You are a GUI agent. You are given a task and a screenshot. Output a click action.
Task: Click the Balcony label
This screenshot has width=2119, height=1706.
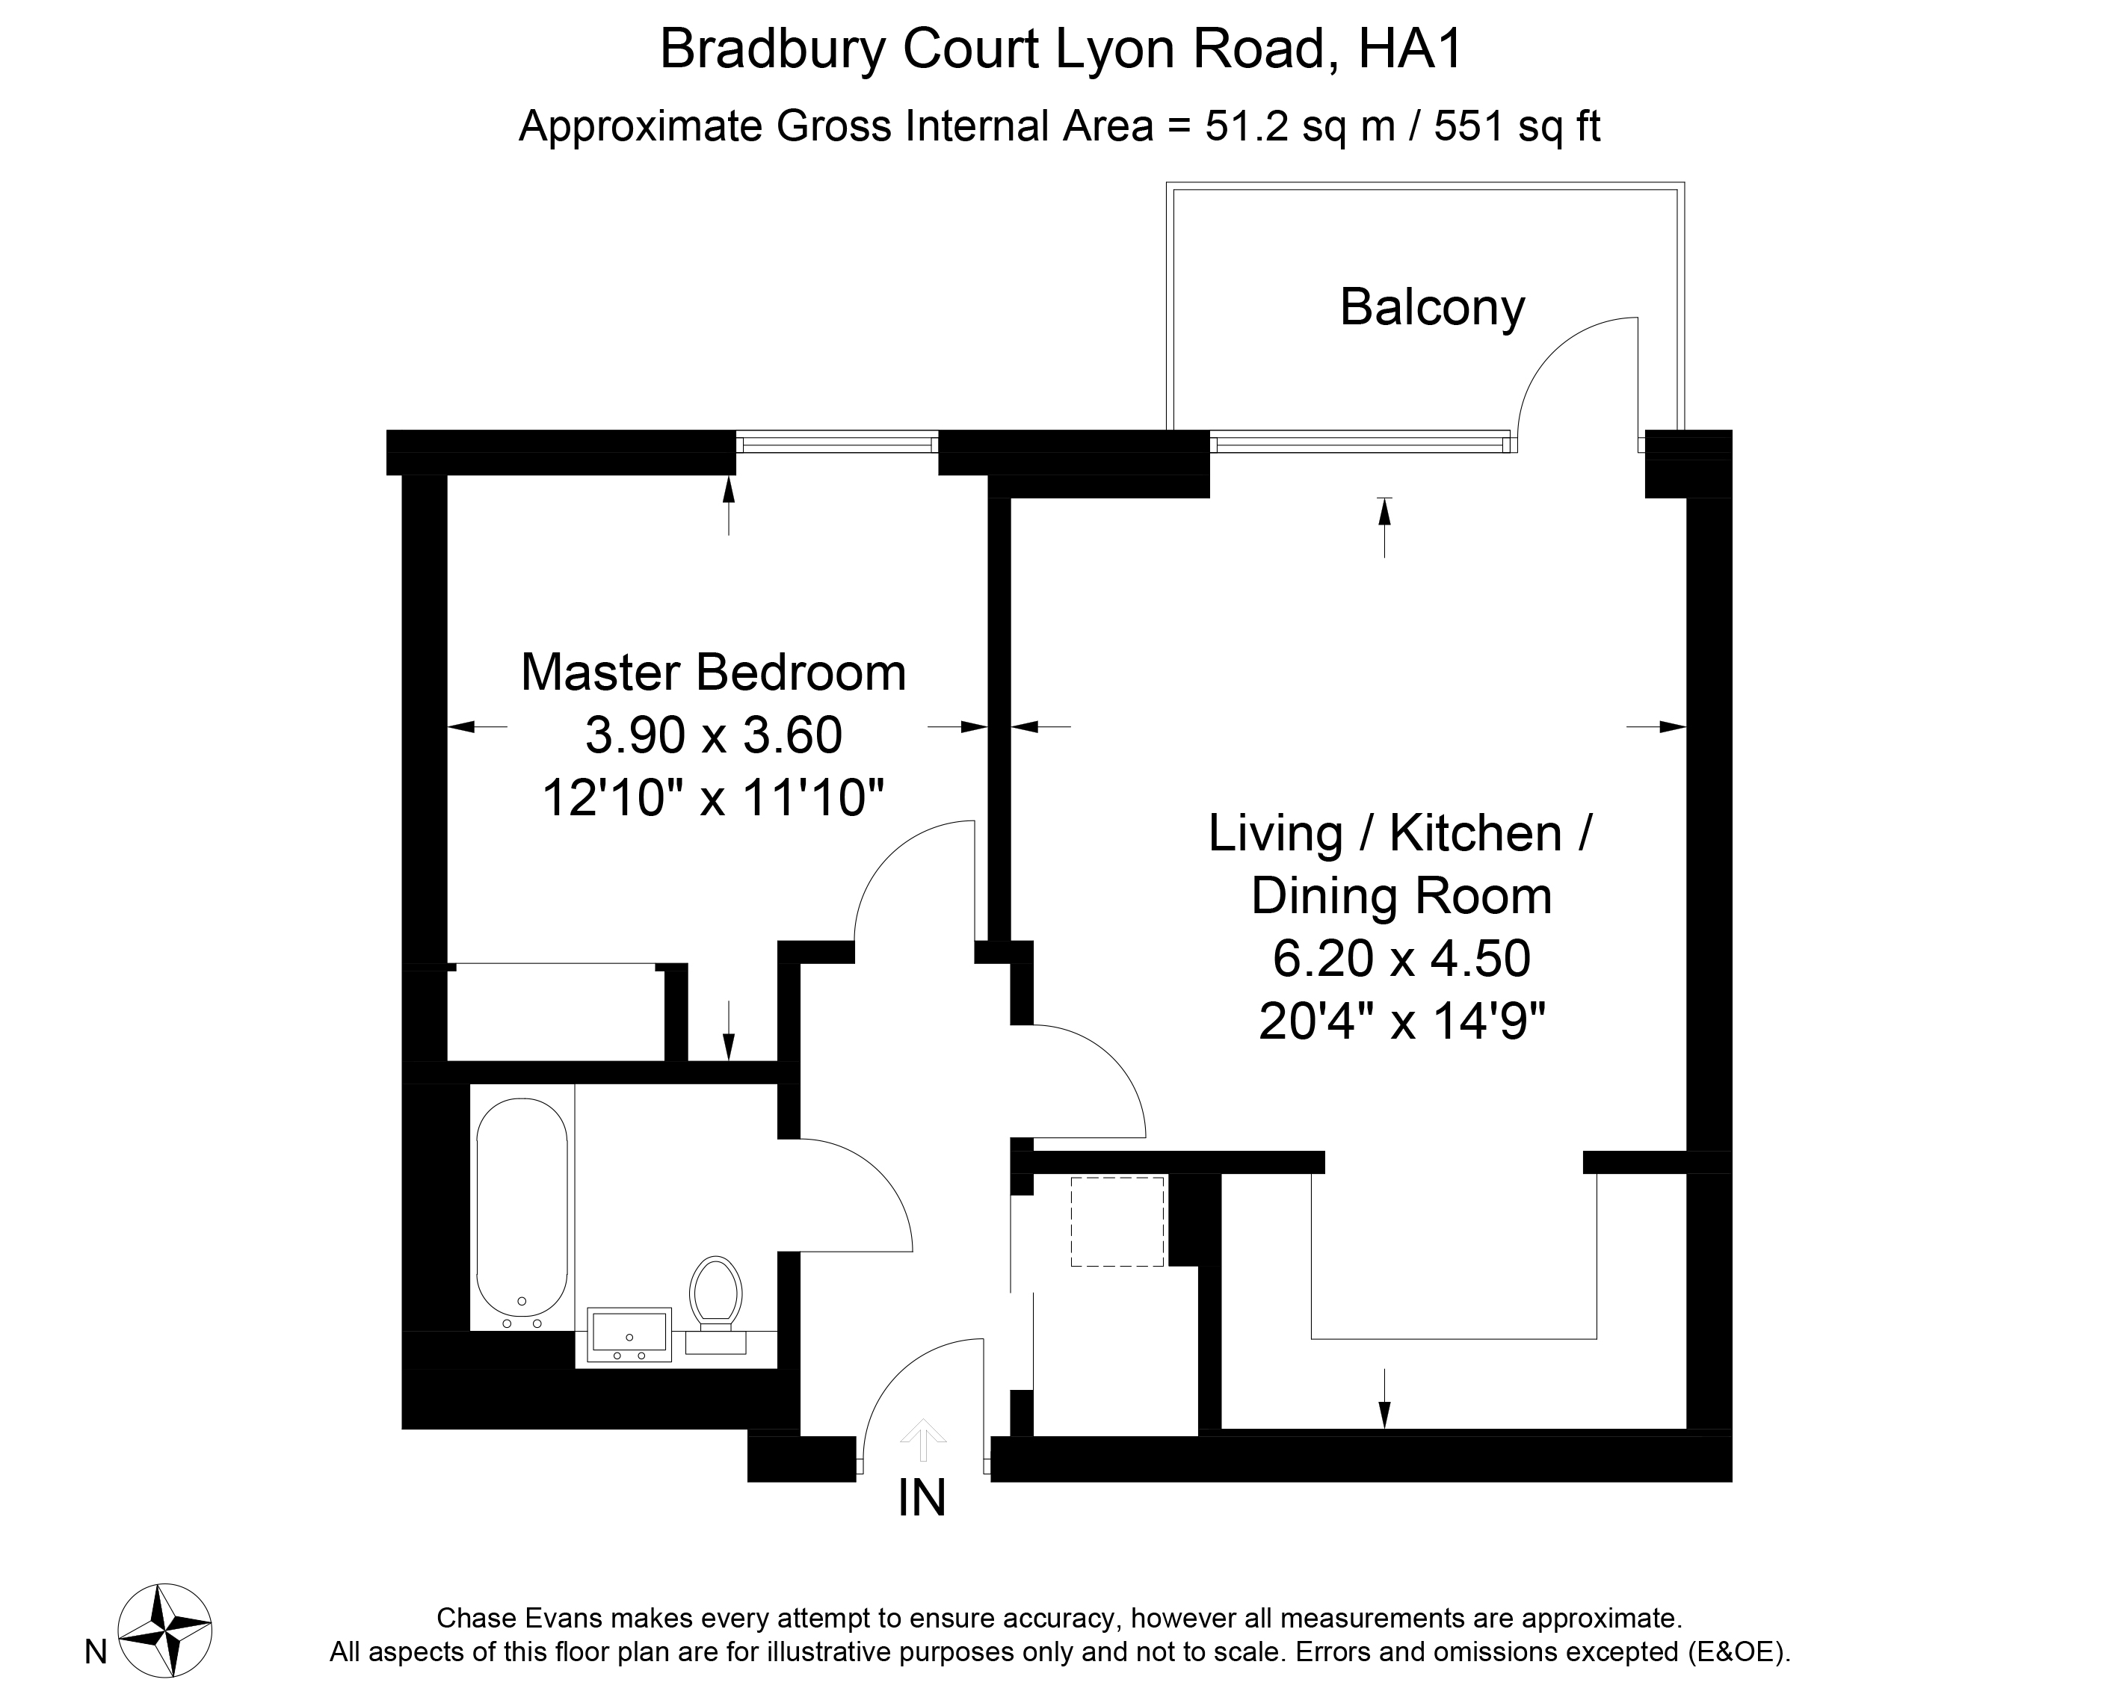pos(1432,308)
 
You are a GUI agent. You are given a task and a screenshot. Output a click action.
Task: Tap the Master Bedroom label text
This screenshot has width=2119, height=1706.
pos(714,673)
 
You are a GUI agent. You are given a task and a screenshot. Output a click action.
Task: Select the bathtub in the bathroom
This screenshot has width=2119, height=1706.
pos(522,1207)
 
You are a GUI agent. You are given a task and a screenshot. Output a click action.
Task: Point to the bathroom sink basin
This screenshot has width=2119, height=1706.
pos(629,1335)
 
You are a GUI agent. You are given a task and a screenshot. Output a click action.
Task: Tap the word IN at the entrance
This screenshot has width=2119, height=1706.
pos(922,1498)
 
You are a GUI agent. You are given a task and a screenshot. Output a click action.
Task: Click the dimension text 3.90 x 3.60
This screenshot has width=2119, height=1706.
pos(714,735)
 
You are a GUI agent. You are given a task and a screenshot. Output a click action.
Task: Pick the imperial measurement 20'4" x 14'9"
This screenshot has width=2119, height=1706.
pos(1402,1021)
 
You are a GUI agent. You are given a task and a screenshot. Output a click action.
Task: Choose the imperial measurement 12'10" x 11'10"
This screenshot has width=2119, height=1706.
pos(714,797)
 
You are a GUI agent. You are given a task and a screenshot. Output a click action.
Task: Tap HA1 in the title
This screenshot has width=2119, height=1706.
pos(1411,49)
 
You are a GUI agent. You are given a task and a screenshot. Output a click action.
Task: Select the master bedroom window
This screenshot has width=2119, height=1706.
pos(837,444)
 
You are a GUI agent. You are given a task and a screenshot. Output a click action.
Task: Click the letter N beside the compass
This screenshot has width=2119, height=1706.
pos(96,1653)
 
